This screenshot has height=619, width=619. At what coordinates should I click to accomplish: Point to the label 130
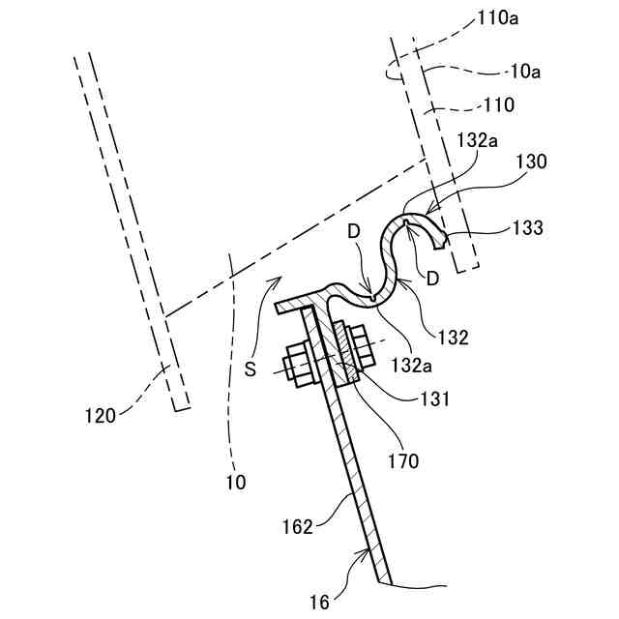coord(531,162)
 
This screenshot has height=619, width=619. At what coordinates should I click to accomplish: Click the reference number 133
coord(529,228)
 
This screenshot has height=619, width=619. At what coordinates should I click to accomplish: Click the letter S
coord(250,368)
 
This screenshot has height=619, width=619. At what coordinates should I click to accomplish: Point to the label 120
coord(100,416)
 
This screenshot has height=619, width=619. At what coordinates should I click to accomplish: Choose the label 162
coord(298,526)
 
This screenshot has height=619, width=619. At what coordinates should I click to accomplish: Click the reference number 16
coord(319,603)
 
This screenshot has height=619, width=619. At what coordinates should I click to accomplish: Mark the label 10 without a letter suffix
coord(235,481)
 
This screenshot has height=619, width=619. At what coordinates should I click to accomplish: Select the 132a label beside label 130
coord(477,140)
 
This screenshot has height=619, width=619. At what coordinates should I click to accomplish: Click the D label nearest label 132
coord(431,278)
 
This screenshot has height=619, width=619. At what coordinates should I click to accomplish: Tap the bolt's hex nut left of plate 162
coord(297,368)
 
